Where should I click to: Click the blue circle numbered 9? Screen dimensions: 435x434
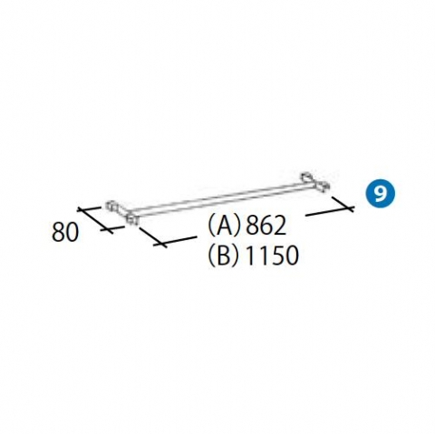382,194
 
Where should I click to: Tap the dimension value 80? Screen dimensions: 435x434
65,232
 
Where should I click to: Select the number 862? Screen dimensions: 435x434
266,226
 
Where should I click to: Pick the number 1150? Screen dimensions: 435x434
272,255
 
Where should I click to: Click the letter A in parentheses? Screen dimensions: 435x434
224,226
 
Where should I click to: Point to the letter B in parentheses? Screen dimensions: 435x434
224,255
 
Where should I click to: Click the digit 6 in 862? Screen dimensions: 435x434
266,226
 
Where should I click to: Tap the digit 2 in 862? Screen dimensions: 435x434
279,226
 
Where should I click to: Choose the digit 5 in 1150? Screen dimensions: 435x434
278,256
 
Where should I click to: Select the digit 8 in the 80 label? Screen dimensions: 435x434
59,232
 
